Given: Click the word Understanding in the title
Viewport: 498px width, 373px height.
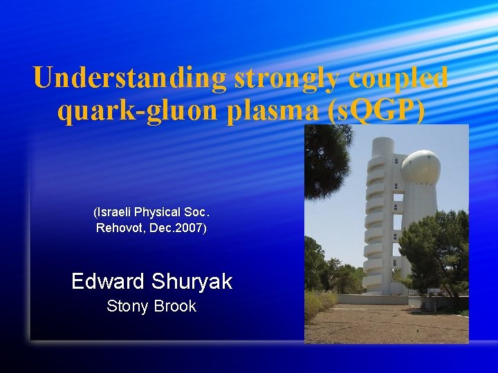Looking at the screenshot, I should pos(130,78).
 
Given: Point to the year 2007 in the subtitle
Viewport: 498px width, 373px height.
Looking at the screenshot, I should pos(190,227).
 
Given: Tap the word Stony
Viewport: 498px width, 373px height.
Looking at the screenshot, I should pos(126,306).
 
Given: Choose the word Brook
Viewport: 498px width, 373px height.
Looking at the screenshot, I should pos(175,306).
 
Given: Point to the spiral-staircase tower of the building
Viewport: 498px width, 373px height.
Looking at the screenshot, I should pos(373,214).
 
